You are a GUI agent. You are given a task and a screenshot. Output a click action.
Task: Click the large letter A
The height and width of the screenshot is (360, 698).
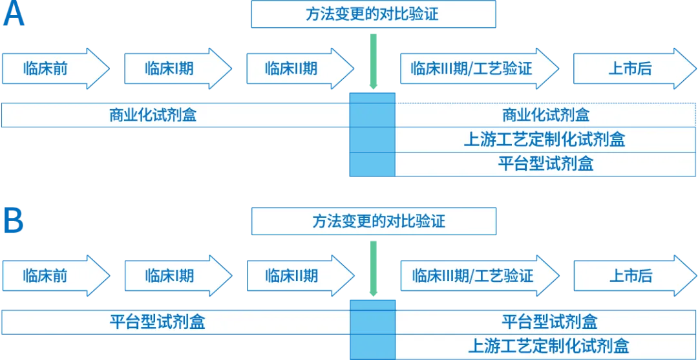coord(14,14)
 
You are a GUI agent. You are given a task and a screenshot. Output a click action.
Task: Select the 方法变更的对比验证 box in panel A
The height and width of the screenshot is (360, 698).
coord(372,15)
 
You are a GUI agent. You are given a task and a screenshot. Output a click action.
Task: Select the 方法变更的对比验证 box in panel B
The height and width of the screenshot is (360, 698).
coord(374,222)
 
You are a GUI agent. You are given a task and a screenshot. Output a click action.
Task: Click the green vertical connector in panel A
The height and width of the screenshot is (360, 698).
coord(372,59)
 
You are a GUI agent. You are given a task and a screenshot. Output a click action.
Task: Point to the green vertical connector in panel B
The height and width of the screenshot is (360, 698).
coord(372,266)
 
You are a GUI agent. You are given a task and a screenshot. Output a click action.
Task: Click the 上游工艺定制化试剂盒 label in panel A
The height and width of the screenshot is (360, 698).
coord(545,139)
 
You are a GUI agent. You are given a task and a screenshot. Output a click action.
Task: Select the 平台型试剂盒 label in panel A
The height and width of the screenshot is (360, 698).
coord(545,164)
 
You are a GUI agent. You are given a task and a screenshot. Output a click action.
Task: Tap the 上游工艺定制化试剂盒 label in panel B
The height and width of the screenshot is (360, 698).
coord(548,346)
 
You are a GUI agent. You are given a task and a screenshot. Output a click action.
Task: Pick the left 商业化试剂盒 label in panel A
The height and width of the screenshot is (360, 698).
coord(153,116)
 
